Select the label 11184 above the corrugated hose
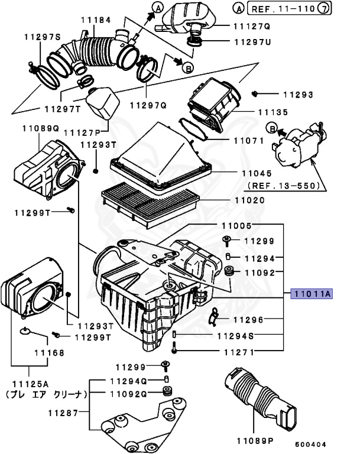point(96,20)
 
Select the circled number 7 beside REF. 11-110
point(340,8)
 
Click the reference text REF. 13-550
point(284,185)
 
